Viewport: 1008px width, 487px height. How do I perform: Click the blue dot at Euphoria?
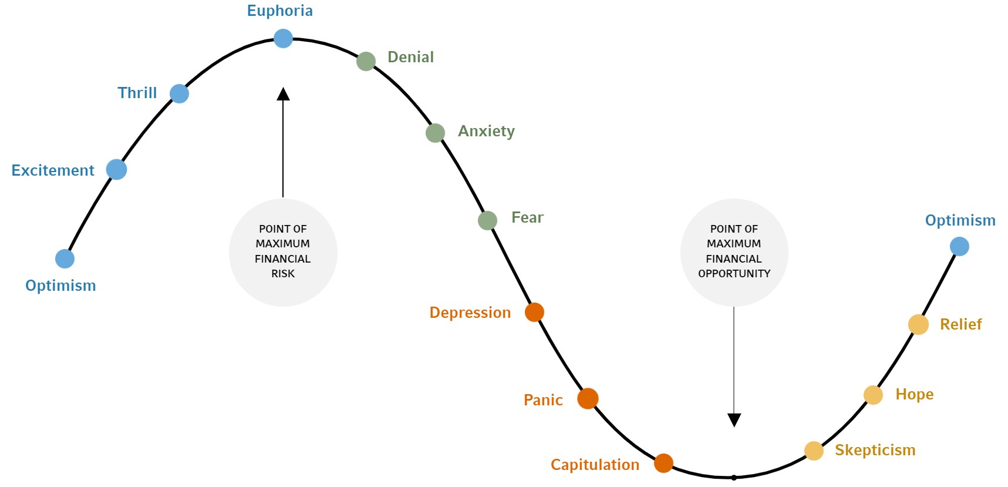283,39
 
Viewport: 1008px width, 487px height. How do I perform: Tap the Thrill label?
137,93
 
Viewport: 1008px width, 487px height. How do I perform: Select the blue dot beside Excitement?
116,169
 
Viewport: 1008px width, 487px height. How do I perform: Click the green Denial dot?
366,61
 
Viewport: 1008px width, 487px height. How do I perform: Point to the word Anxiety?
486,131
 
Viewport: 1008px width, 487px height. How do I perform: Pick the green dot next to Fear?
487,220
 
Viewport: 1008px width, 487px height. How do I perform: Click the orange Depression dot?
534,312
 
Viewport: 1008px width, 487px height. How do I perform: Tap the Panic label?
543,400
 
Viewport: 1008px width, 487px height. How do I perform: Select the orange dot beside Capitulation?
663,463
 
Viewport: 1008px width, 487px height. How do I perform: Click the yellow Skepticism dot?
814,451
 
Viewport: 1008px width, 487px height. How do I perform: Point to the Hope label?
914,394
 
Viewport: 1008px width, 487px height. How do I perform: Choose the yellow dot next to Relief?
918,324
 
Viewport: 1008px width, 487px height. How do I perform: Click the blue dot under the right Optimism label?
959,246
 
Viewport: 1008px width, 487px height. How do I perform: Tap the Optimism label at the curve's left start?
60,286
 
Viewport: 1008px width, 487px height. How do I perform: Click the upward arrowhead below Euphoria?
283,94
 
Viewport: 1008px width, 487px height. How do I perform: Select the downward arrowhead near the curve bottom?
734,419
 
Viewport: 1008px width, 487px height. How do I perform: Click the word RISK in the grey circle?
283,273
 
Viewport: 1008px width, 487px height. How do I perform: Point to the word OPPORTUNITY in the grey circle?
734,273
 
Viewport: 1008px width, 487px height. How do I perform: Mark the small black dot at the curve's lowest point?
734,478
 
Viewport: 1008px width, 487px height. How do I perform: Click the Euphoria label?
279,11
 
